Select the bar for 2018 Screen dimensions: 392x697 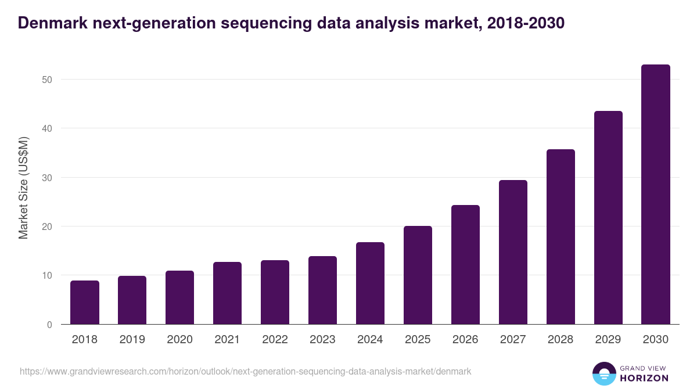[x=85, y=303]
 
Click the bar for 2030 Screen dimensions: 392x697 [x=656, y=195]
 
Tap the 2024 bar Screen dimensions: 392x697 [x=370, y=283]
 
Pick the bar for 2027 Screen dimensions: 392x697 [x=513, y=252]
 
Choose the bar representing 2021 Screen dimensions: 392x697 [x=227, y=293]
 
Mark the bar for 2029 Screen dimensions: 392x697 [x=608, y=218]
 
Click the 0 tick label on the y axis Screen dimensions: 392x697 [x=49, y=325]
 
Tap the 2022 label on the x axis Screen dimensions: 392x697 [x=275, y=340]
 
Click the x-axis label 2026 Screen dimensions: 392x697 [x=465, y=340]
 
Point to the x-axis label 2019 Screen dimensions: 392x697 [x=132, y=340]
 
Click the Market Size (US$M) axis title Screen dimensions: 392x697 [x=23, y=188]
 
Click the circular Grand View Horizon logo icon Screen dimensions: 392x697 [x=603, y=373]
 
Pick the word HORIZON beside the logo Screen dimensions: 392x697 [x=644, y=378]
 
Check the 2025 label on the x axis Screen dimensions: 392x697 [x=418, y=340]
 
